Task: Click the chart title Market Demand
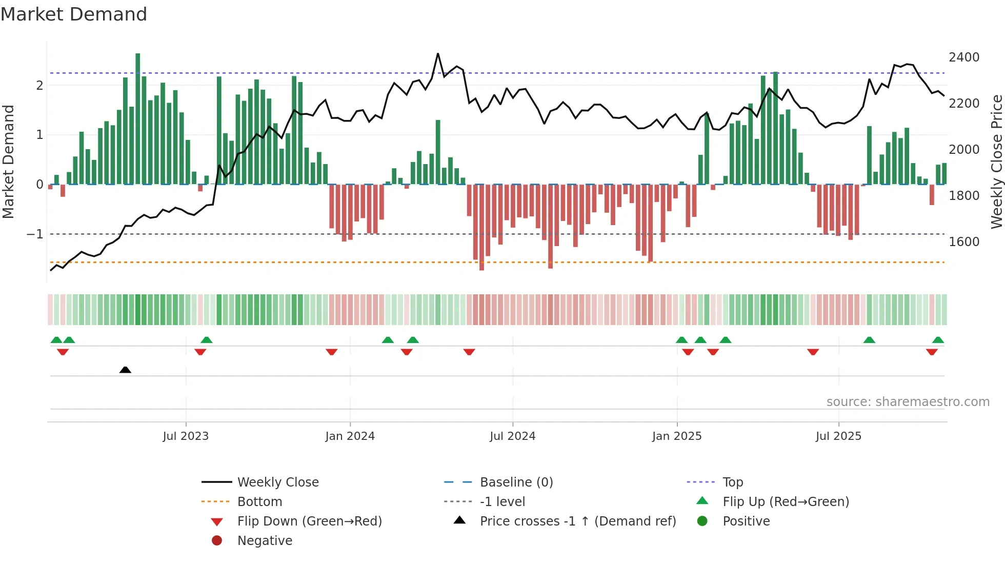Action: coord(74,14)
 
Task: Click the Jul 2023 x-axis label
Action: coord(186,436)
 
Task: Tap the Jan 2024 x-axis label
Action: coord(350,436)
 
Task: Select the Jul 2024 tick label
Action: coord(512,436)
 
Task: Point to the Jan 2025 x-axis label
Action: coord(677,436)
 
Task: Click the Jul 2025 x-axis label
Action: coord(838,436)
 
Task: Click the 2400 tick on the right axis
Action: coord(963,57)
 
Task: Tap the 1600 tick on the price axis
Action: coord(963,242)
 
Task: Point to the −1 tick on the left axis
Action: coord(35,234)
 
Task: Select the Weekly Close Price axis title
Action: coord(996,162)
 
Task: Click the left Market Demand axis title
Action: coord(9,162)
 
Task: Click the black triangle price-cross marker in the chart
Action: coord(125,370)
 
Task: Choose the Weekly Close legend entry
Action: coord(277,482)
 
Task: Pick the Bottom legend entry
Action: coord(259,502)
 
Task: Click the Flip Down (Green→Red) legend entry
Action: coord(309,521)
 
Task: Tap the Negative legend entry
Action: coord(265,541)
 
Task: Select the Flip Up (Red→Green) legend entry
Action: coord(786,502)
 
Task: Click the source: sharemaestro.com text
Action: coord(908,402)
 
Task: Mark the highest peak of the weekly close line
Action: coord(438,54)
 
